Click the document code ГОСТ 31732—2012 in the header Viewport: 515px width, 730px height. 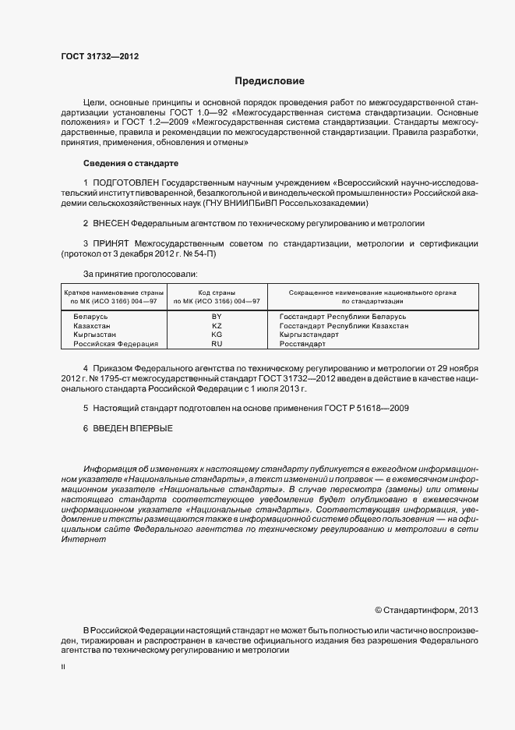click(100, 55)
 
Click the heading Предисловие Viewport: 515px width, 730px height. click(270, 81)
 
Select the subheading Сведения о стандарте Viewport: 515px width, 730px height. click(131, 163)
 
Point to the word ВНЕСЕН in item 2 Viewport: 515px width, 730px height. click(113, 223)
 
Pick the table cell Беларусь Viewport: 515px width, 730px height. click(90, 317)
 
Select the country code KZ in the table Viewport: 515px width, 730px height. click(217, 325)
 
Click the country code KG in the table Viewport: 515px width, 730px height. click(217, 334)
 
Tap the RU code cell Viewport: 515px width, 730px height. click(217, 343)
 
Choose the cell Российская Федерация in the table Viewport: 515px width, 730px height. click(115, 343)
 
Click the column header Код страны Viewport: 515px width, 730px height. click(217, 291)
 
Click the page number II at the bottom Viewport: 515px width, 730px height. click(63, 668)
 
